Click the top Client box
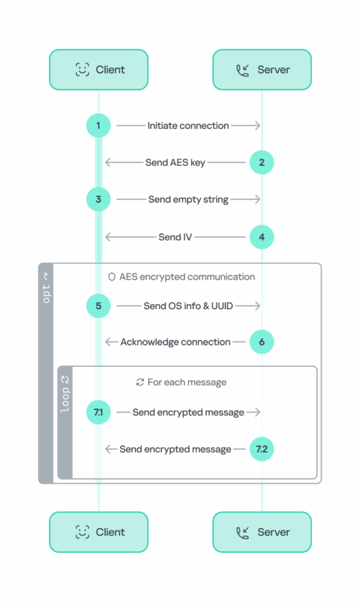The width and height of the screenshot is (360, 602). [x=99, y=70]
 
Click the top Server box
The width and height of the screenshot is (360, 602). [x=262, y=70]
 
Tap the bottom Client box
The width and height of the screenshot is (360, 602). [x=99, y=532]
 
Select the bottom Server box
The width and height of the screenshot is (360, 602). [x=262, y=532]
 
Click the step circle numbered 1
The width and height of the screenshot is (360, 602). [x=98, y=125]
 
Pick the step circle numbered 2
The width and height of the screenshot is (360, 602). [x=262, y=162]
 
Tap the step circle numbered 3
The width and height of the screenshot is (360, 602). [x=98, y=199]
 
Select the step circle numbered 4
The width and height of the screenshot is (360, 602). [x=262, y=238]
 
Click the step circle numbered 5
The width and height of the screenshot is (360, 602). [x=98, y=306]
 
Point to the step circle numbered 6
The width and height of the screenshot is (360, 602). [x=262, y=342]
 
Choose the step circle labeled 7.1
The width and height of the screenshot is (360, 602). [x=98, y=412]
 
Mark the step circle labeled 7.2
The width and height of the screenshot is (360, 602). [x=262, y=449]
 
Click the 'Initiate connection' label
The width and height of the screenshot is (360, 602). [x=188, y=125]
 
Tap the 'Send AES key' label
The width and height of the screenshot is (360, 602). [x=175, y=162]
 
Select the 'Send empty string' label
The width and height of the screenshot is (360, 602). [x=188, y=199]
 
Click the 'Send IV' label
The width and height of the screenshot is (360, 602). [x=175, y=238]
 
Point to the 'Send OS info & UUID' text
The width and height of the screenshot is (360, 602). [x=188, y=306]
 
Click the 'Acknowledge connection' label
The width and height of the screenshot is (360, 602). [x=175, y=342]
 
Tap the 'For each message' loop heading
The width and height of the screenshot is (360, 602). [x=186, y=382]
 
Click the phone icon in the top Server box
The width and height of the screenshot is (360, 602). [x=242, y=70]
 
